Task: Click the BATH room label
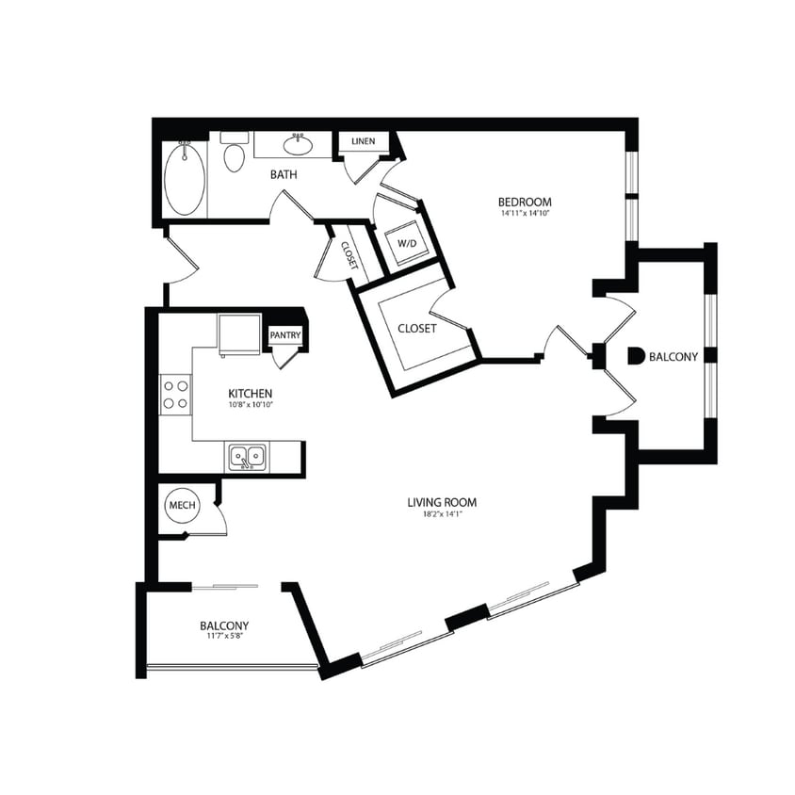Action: (x=284, y=174)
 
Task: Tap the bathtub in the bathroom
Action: (x=184, y=179)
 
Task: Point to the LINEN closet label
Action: (x=363, y=141)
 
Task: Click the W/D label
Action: (x=406, y=243)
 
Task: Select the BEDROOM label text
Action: (x=525, y=202)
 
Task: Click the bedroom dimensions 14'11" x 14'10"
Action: (x=525, y=214)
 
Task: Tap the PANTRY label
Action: (x=284, y=334)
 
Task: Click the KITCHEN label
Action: (x=251, y=393)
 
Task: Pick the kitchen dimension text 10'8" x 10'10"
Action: (x=251, y=405)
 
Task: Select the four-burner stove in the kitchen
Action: (x=175, y=393)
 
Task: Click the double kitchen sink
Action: (x=248, y=458)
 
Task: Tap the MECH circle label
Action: (x=182, y=507)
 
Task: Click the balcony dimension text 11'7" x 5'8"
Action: (x=224, y=637)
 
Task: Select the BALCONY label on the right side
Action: (x=673, y=356)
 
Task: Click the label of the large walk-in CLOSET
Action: (x=416, y=328)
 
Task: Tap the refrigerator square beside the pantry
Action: (x=238, y=333)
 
